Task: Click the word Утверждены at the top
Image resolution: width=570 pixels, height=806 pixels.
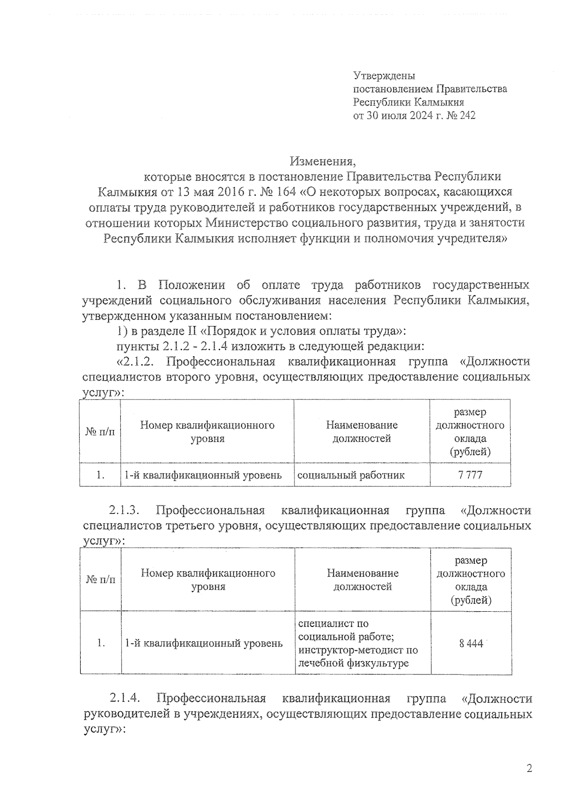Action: [x=384, y=76]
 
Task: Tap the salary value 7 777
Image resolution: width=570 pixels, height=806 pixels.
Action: [x=470, y=474]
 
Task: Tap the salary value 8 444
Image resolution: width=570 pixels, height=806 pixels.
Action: [x=471, y=644]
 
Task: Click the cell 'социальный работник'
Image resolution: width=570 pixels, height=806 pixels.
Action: [x=351, y=474]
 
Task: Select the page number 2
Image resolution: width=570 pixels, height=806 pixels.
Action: [x=530, y=768]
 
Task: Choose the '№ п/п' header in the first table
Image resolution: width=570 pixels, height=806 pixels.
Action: [x=100, y=431]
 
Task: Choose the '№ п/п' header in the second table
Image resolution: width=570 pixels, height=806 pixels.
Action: [x=100, y=579]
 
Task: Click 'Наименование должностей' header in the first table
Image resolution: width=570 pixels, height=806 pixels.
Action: [x=361, y=431]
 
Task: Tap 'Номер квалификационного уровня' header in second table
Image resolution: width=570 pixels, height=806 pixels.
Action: [x=208, y=579]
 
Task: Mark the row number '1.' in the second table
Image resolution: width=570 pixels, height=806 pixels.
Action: [x=100, y=643]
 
